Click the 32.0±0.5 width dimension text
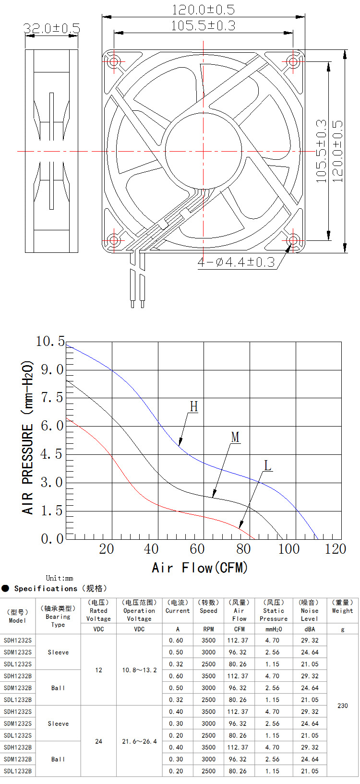click(52, 28)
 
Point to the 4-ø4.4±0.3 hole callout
click(236, 262)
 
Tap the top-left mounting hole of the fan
click(114, 62)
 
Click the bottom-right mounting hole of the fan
click(293, 240)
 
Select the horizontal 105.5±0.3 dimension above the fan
click(203, 26)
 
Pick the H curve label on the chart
click(194, 406)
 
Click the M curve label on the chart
click(235, 437)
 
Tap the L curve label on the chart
click(267, 466)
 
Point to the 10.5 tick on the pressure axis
click(50, 341)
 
